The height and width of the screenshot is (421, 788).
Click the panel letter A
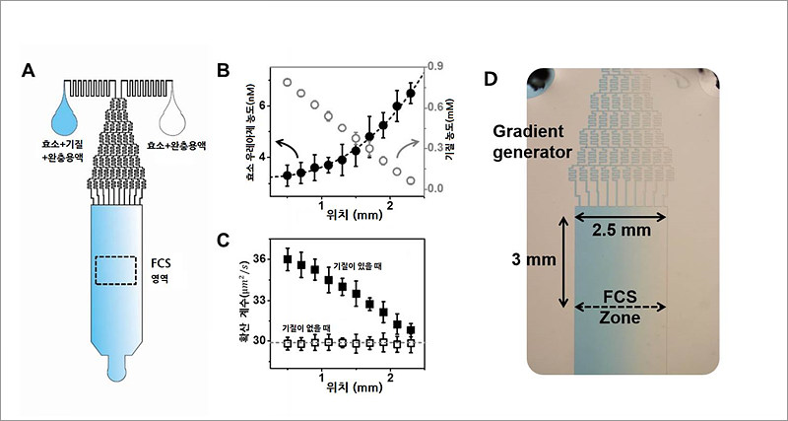[29, 71]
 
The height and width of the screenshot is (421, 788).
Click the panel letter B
[224, 71]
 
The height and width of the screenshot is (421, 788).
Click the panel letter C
[224, 241]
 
